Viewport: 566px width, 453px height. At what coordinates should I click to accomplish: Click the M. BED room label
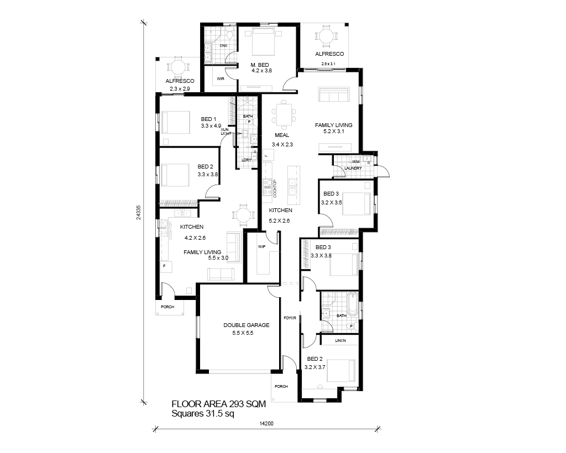coord(260,65)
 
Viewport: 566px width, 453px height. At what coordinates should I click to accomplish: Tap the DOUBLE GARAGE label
coord(246,325)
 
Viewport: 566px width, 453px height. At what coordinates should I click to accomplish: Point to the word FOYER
coord(290,318)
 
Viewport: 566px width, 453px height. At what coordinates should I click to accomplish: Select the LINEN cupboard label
coord(340,340)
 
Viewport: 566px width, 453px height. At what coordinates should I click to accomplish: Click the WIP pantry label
coord(261,247)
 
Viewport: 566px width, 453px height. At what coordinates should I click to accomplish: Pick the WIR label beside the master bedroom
coord(221,78)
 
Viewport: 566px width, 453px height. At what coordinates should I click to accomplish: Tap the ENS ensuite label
coord(224,46)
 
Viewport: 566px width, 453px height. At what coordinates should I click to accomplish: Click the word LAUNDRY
coord(353,168)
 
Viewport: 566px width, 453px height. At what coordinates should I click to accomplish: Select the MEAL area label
coord(282,135)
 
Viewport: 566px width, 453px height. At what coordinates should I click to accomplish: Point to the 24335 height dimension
coord(139,213)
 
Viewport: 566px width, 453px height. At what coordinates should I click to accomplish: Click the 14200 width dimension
coord(266,423)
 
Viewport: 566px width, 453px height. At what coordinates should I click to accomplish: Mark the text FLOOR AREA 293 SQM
coord(219,404)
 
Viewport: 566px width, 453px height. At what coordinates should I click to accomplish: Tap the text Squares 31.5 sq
coord(203,414)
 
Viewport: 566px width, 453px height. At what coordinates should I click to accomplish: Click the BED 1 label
coord(208,119)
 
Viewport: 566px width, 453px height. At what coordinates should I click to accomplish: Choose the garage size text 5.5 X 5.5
coord(243,333)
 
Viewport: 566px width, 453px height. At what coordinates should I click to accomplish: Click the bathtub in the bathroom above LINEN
coord(352,304)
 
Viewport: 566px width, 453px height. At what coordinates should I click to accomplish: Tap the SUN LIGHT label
coord(226,131)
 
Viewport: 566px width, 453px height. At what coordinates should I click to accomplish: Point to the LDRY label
coord(246,160)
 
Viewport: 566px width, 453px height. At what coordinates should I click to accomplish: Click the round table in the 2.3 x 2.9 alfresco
coord(177,67)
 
